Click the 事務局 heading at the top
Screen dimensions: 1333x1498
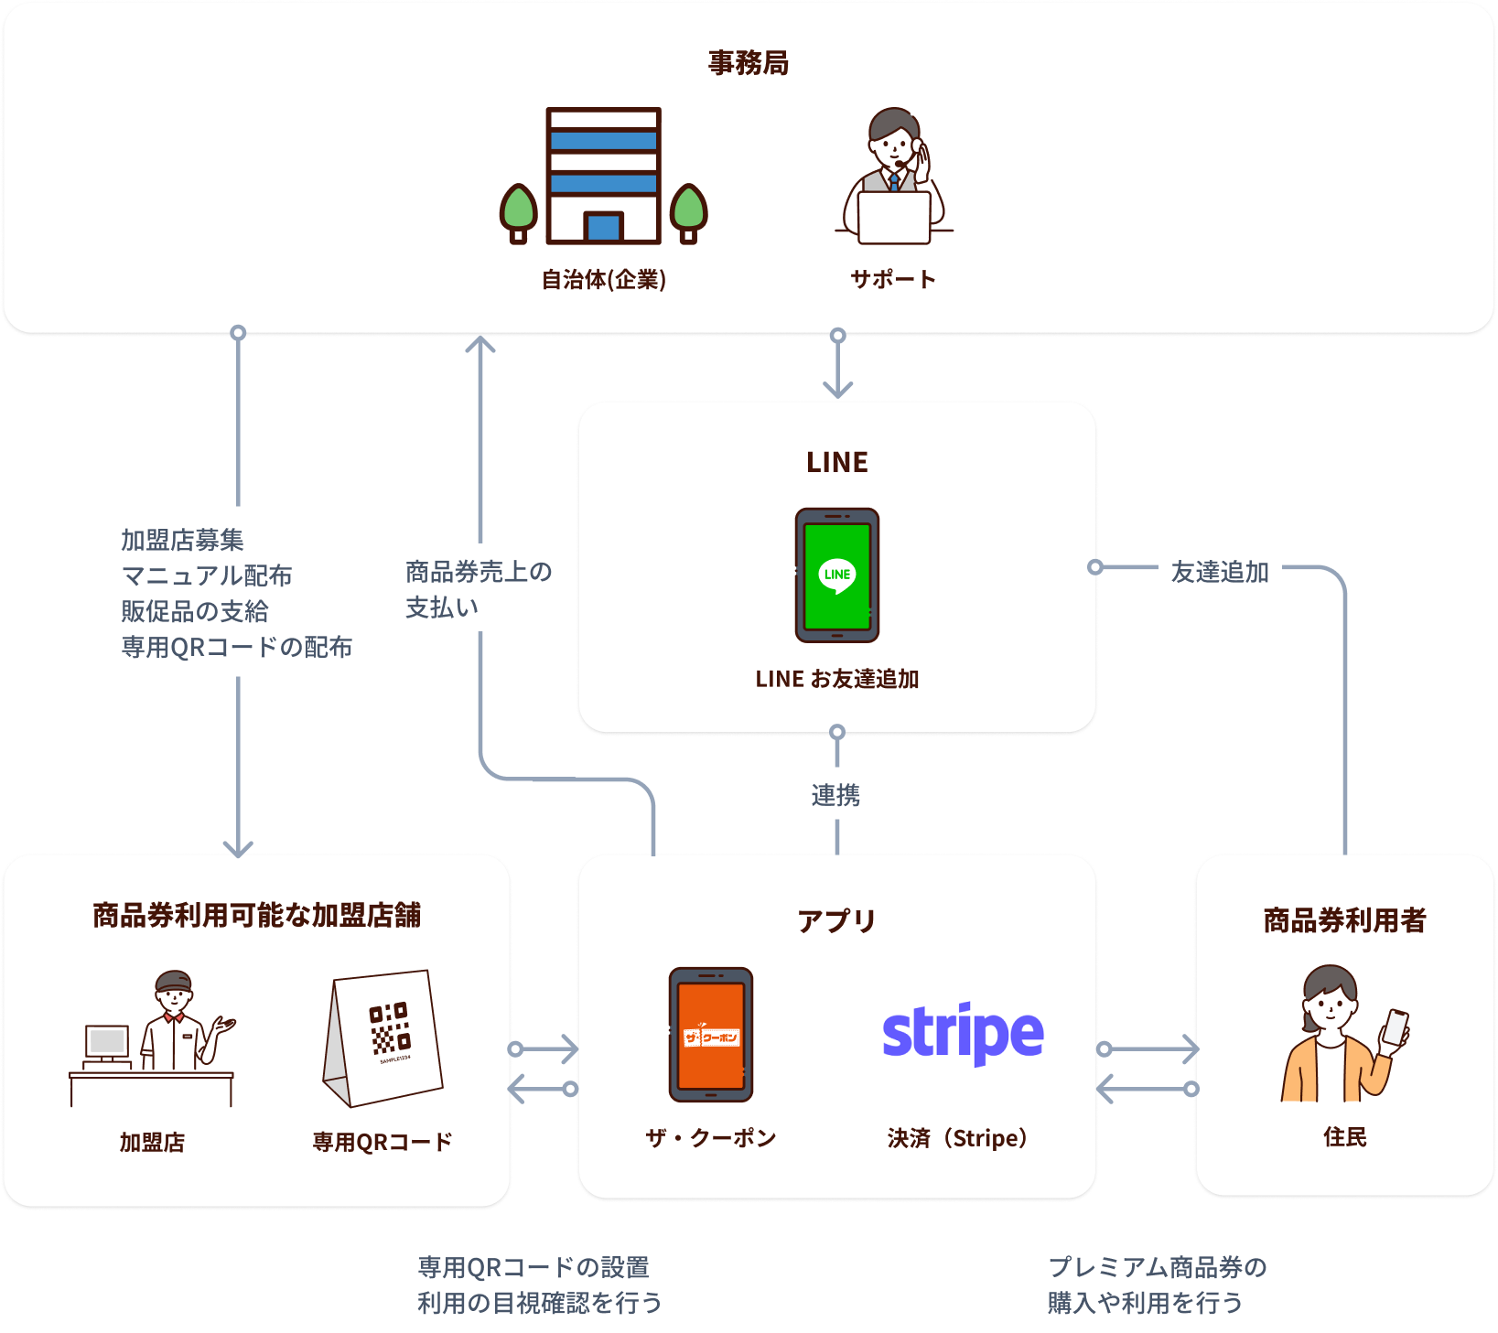(x=748, y=63)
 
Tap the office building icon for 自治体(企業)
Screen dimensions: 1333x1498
(x=603, y=176)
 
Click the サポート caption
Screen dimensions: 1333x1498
(x=892, y=279)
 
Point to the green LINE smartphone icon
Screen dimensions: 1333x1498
(x=836, y=575)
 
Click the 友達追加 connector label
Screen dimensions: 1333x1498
(x=1220, y=571)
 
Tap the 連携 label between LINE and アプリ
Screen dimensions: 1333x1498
(x=835, y=794)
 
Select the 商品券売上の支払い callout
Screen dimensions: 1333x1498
(x=479, y=588)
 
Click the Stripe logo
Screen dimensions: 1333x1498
(x=963, y=1034)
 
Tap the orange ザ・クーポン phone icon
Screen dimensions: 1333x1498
(x=711, y=1035)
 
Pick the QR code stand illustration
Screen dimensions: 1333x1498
(x=384, y=1037)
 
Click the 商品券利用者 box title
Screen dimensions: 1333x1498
(x=1344, y=920)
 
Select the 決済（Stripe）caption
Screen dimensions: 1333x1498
(x=958, y=1138)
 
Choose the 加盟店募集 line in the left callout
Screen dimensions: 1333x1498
(x=183, y=540)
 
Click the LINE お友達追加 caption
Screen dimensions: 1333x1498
(x=836, y=679)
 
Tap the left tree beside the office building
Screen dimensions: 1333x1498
(x=518, y=213)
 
